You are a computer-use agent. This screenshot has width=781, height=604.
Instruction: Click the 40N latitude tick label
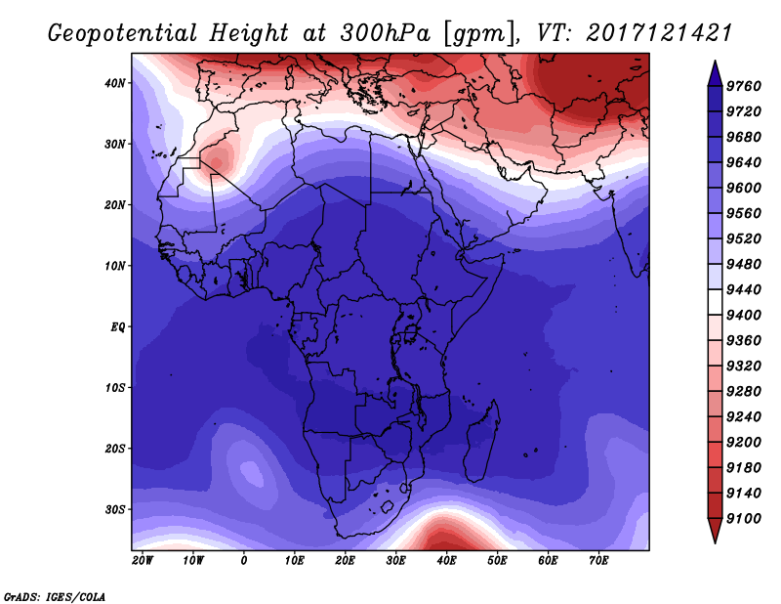(x=115, y=83)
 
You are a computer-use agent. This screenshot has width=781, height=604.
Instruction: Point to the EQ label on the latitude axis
(x=117, y=327)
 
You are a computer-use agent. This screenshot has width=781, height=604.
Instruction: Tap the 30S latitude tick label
(x=115, y=509)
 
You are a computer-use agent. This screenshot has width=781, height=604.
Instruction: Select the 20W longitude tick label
(x=143, y=561)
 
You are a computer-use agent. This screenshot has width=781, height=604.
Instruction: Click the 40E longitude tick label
(x=446, y=561)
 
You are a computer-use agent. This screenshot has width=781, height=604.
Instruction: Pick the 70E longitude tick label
(x=598, y=561)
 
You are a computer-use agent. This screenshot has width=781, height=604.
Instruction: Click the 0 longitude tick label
(x=243, y=561)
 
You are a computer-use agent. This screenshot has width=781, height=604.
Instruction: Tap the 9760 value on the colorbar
(x=744, y=86)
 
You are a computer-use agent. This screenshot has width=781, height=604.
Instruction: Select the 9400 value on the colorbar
(x=744, y=316)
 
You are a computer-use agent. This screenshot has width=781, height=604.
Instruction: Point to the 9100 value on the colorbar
(x=744, y=519)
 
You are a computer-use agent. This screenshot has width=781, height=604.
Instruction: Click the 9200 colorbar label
(x=744, y=443)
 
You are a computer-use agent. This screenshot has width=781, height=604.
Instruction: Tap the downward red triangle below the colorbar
(x=715, y=529)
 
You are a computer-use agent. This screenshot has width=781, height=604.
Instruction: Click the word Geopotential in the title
(x=123, y=34)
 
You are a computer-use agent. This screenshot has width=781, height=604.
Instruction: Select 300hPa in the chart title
(x=385, y=33)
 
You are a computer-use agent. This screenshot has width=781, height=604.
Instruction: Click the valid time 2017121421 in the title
(x=659, y=33)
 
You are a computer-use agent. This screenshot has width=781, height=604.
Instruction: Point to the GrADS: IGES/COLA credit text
(x=55, y=597)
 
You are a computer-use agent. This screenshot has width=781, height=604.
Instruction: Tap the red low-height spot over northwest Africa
(x=217, y=162)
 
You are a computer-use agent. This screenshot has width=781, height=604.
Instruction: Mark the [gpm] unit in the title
(x=478, y=34)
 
